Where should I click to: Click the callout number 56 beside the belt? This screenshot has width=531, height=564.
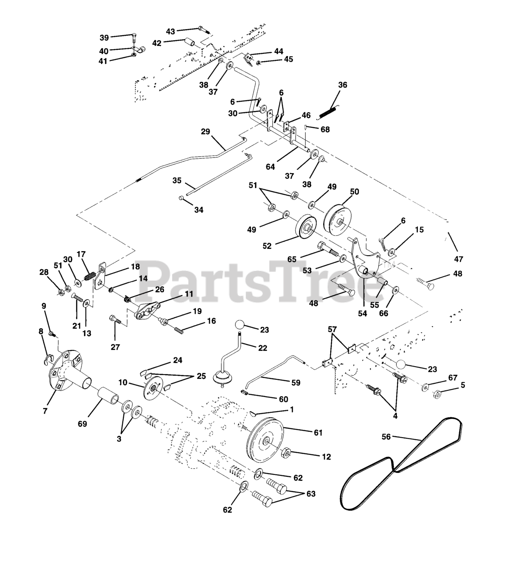(x=386, y=437)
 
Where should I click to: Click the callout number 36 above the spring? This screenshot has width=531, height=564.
(x=343, y=85)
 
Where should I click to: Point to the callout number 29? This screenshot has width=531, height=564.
(x=206, y=132)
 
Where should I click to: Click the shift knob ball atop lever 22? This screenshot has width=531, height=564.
(x=239, y=325)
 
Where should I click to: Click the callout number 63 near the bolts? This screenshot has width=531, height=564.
(x=311, y=494)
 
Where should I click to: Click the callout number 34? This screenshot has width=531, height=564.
(x=199, y=210)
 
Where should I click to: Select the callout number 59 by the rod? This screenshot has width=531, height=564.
(x=295, y=383)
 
